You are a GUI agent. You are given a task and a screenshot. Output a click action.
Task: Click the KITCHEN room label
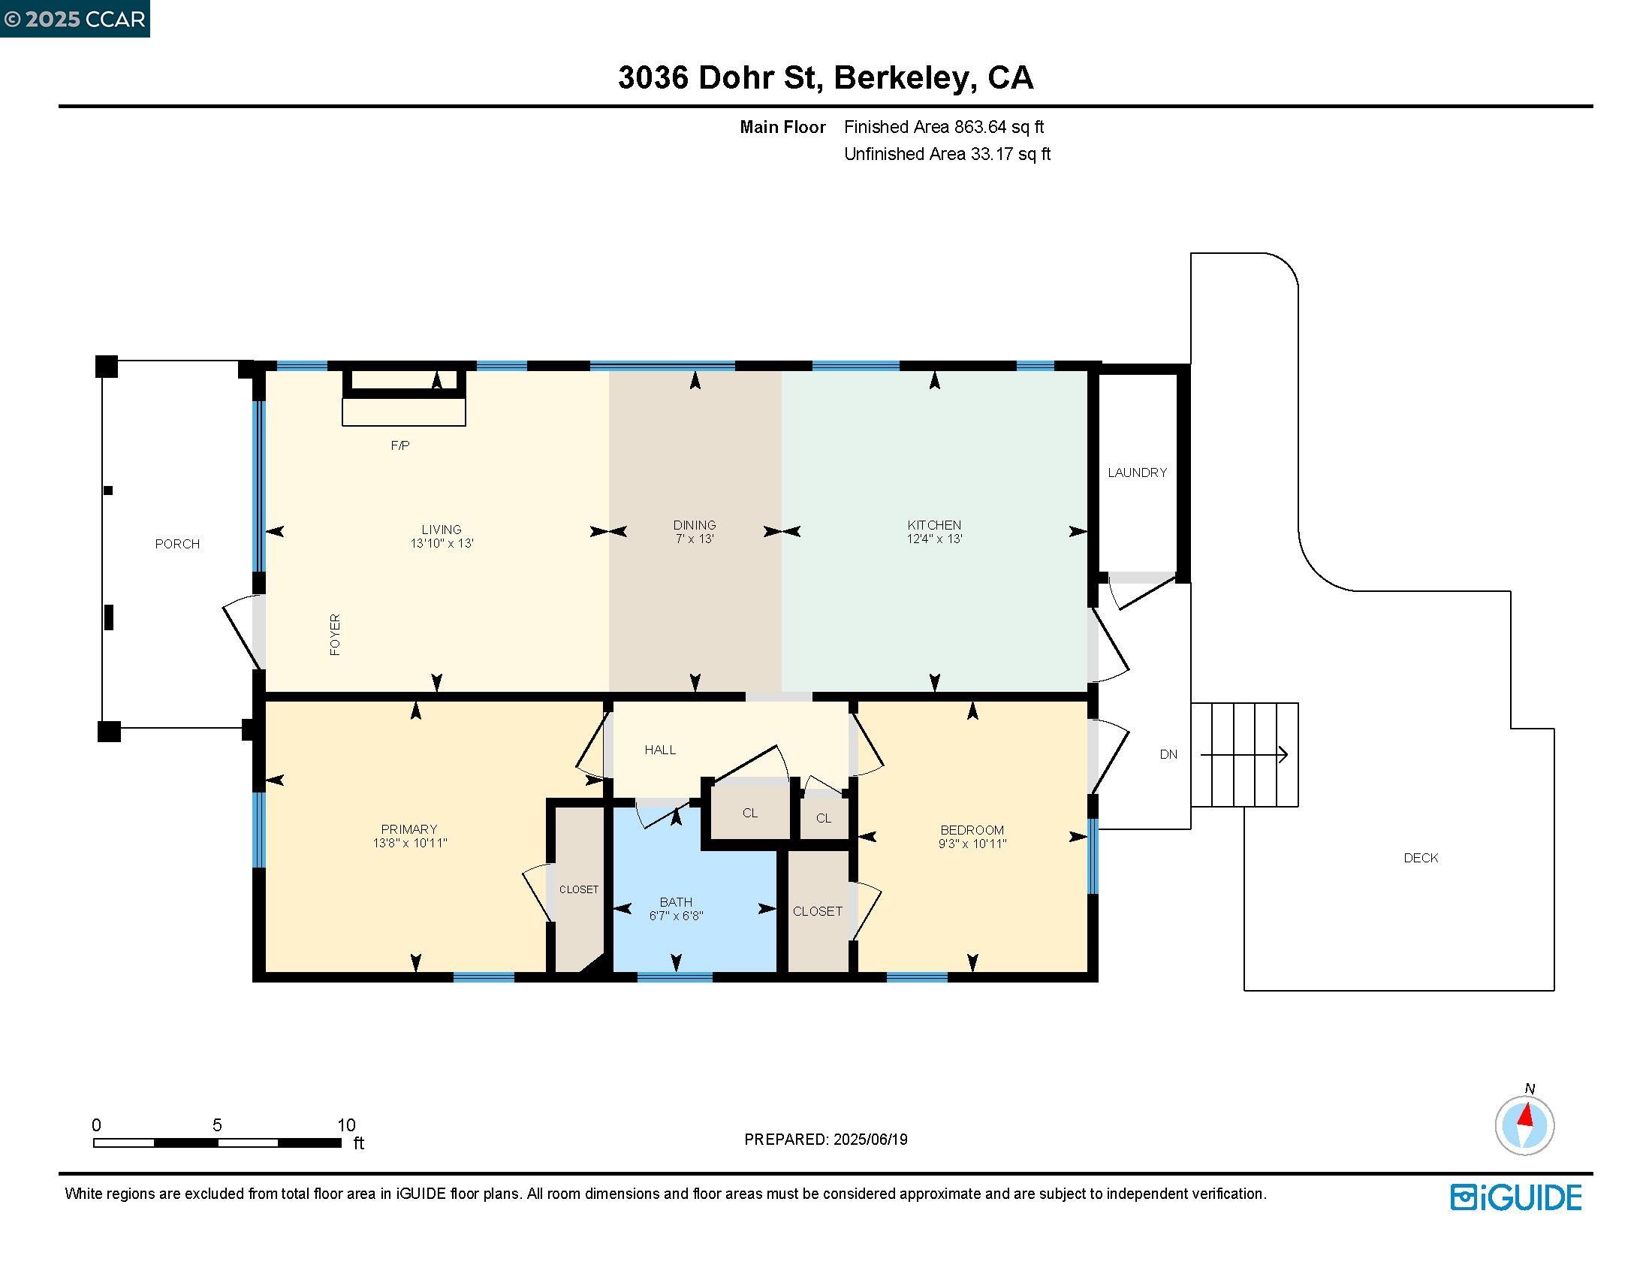934,524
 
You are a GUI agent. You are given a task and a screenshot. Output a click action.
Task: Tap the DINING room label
695,524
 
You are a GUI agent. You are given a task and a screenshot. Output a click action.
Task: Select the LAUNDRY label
1137,472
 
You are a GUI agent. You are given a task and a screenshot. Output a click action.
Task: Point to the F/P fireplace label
400,445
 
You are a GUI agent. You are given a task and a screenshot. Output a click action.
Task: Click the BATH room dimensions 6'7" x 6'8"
677,916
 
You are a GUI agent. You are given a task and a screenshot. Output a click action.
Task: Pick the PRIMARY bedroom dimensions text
409,843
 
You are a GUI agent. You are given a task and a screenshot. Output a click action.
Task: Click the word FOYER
335,634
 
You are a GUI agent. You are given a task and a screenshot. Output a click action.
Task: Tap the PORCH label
177,544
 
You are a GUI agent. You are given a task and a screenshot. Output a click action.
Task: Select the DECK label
1421,857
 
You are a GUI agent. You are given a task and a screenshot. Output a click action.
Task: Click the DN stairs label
1168,754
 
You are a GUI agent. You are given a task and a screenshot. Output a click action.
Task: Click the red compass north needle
1527,1115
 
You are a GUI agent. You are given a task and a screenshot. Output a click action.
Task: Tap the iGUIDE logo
1516,1197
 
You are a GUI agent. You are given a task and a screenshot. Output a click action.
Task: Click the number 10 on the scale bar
345,1125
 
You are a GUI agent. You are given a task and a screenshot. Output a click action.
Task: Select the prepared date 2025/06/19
870,1140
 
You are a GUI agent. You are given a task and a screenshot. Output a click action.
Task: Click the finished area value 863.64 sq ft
999,127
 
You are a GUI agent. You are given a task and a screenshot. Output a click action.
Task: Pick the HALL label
659,750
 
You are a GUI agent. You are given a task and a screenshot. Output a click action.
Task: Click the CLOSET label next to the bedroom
817,912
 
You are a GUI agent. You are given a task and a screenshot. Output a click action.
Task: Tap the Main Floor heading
782,127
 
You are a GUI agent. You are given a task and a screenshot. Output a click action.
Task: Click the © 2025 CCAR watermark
74,18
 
